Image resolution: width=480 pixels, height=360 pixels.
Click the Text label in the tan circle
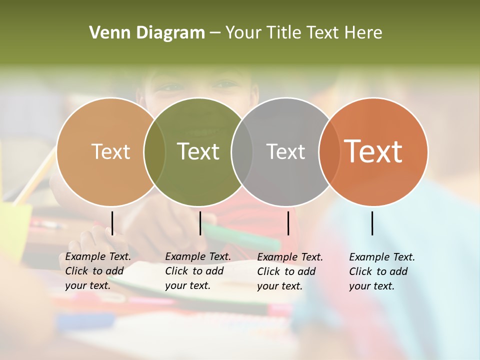(110, 151)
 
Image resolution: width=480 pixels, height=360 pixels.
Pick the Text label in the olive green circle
(198, 151)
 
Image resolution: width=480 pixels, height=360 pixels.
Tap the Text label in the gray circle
(285, 151)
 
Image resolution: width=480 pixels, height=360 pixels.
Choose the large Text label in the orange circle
(373, 151)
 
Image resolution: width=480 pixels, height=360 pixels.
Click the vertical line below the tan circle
(112, 223)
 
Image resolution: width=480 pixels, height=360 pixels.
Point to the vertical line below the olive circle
(200, 223)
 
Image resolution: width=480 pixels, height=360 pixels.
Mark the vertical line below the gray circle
(288, 223)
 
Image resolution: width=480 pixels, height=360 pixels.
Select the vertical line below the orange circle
(372, 223)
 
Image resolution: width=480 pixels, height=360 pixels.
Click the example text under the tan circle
(98, 271)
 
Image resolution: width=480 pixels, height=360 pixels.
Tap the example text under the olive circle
(198, 271)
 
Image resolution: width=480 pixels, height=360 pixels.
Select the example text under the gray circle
(290, 271)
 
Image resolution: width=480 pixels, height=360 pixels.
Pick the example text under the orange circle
(382, 271)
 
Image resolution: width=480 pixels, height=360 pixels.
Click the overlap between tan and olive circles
(154, 151)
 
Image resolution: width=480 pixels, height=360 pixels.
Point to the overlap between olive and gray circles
(242, 151)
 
